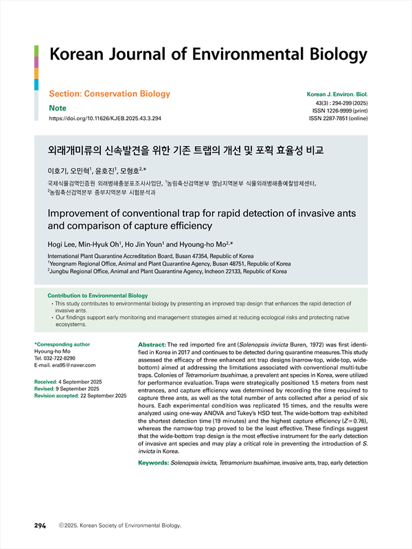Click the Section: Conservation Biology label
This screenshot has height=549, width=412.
[x=109, y=93]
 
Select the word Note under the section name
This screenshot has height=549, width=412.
[x=57, y=108]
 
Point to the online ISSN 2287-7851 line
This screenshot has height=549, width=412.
[x=339, y=119]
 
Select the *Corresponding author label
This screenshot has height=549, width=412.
[x=62, y=344]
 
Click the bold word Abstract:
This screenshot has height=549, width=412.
[x=152, y=344]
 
